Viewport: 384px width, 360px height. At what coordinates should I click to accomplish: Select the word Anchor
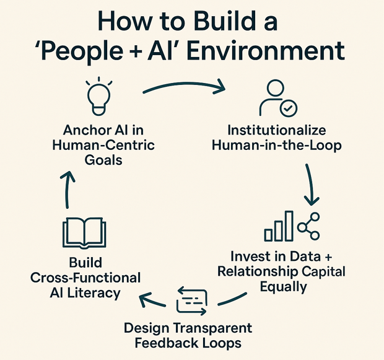tap(86, 131)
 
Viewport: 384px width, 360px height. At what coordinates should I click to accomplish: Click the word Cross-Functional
tap(85, 278)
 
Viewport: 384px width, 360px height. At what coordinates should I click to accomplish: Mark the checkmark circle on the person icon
tap(288, 108)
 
